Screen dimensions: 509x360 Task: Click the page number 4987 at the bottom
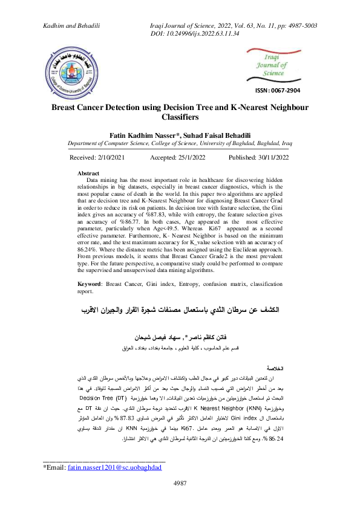pos(180,499)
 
